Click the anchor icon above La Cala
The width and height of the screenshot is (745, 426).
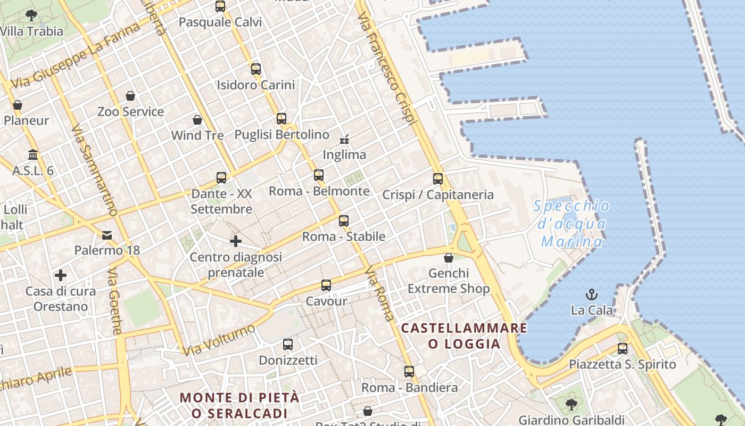coord(591,294)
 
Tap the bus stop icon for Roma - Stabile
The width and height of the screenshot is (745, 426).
coord(344,220)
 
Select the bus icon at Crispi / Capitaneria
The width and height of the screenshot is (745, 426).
coord(438,179)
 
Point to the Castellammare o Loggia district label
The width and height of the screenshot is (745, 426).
coord(464,335)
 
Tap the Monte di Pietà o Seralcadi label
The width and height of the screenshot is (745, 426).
coord(239,405)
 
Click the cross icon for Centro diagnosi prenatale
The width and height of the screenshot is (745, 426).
coord(236,241)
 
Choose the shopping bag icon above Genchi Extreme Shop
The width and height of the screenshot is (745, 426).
coord(449,258)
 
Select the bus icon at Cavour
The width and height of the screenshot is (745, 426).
coord(326,285)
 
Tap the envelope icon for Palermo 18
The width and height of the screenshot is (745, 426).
coord(107,235)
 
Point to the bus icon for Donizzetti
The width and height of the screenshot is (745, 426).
coord(288,345)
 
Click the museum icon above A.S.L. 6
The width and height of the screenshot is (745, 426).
coord(33,155)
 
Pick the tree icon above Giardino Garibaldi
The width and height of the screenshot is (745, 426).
coord(571,404)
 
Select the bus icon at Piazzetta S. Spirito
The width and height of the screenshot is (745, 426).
coord(622,349)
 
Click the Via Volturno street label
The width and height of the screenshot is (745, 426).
coord(219,340)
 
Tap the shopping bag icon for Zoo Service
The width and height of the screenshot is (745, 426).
coord(130,96)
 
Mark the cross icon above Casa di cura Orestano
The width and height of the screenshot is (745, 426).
coord(61,275)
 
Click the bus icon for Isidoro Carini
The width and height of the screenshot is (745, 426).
coord(256,69)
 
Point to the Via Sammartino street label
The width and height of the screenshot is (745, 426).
coord(94,170)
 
